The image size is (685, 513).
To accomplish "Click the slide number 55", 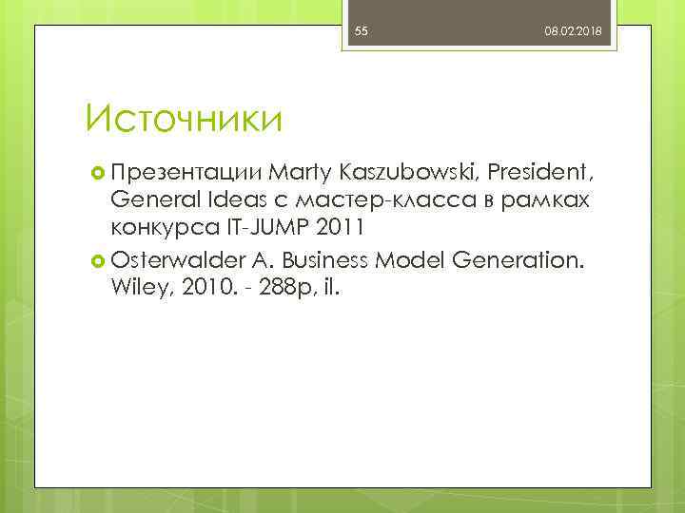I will point(362,32).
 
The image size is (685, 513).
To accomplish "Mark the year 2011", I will point(339,232).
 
